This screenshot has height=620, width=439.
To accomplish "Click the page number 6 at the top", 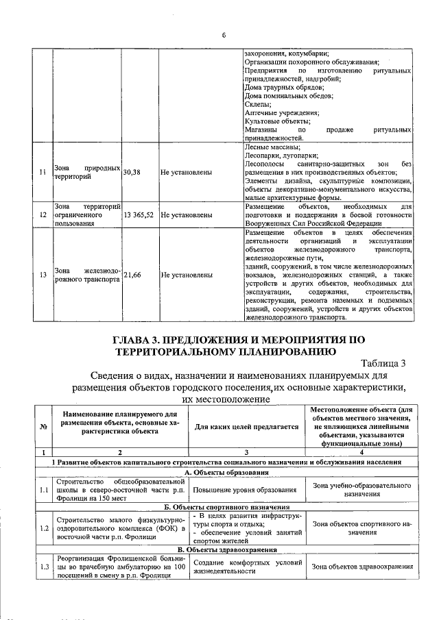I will click(x=223, y=36).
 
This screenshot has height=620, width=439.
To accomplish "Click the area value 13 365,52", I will click(x=139, y=214).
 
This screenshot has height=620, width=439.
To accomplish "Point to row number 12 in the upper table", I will click(x=43, y=214).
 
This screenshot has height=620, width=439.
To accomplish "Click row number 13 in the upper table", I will click(x=43, y=275).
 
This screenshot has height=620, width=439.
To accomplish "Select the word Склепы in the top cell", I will click(x=258, y=104).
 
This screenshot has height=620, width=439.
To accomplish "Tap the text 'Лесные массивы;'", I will click(x=272, y=147).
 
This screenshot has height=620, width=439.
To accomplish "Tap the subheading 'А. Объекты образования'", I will click(x=223, y=473).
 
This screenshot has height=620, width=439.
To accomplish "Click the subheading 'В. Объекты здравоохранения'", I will click(x=223, y=549).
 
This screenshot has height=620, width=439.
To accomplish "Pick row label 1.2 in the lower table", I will click(x=43, y=528).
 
